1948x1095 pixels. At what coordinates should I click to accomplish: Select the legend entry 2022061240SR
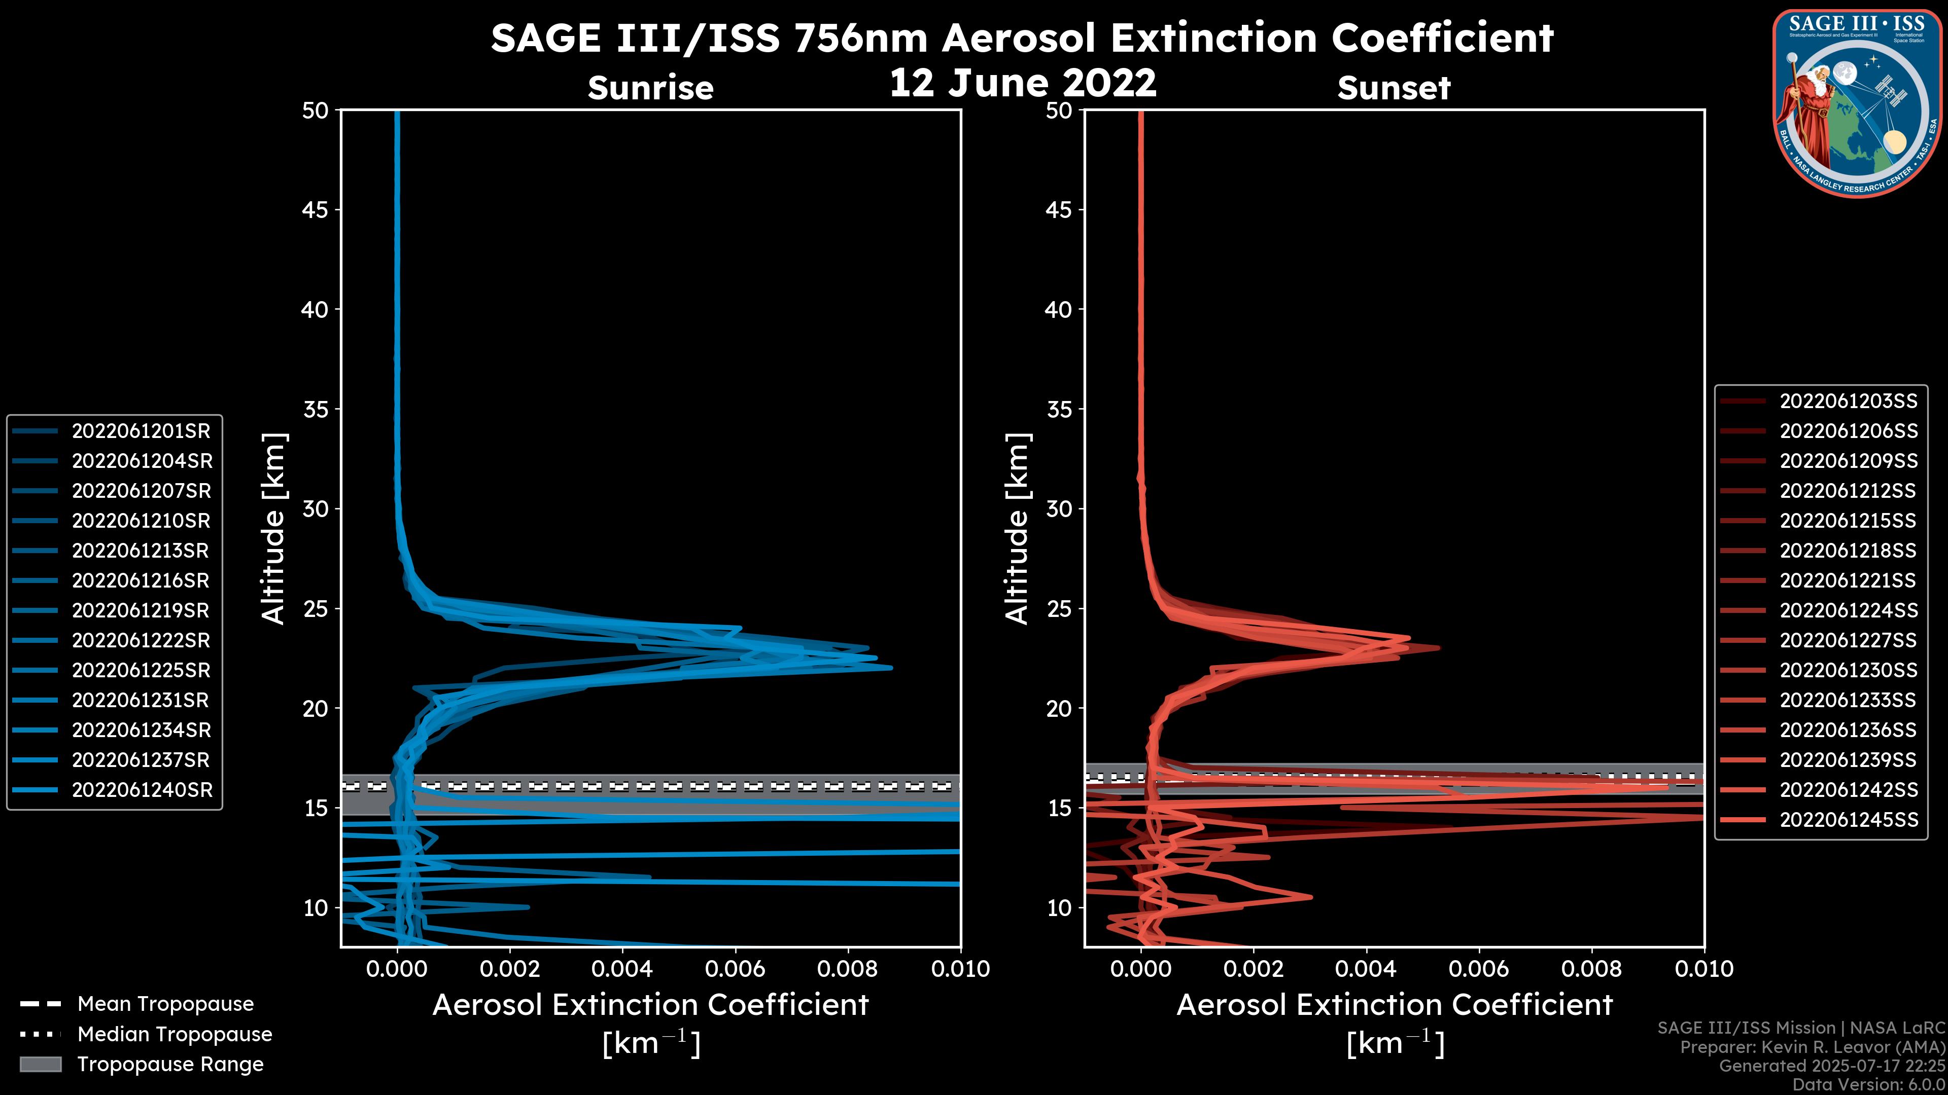142,790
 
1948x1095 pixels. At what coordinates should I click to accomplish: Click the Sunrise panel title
650,88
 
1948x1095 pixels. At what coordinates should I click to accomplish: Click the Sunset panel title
1393,88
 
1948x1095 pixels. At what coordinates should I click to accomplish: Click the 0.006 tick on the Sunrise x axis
734,969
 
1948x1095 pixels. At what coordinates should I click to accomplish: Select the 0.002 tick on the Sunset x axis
1253,969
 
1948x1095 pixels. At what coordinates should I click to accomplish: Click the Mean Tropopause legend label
165,1004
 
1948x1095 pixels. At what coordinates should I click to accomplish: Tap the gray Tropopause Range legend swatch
40,1065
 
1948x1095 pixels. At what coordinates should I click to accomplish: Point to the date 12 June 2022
1022,83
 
